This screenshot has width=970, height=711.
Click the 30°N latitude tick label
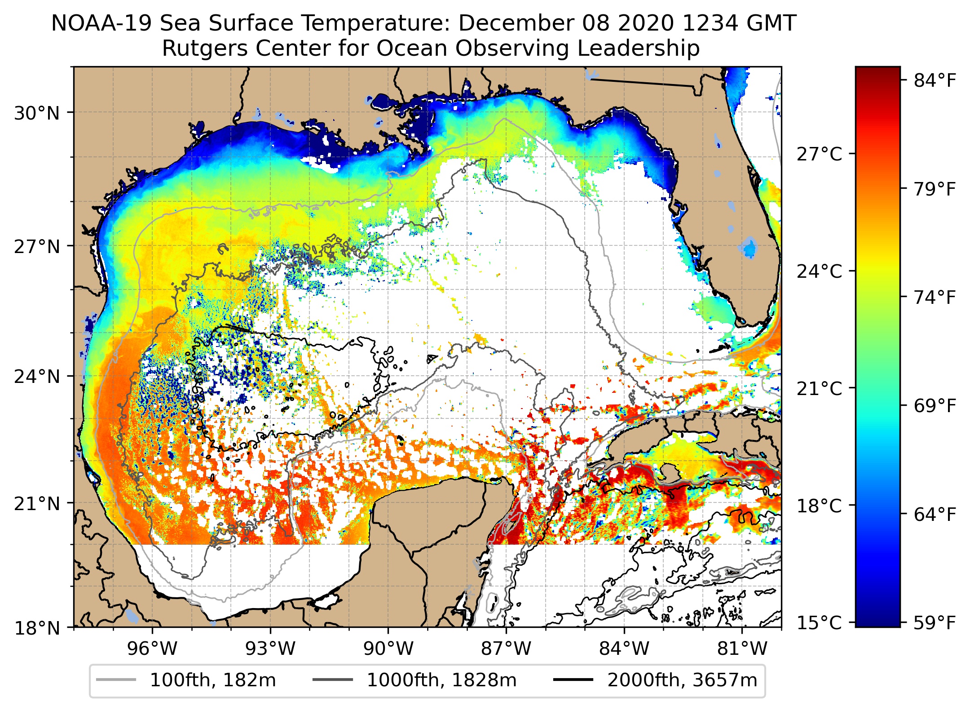(x=37, y=113)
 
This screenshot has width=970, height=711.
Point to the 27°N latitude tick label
(x=37, y=247)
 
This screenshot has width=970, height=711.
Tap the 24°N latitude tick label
(x=37, y=377)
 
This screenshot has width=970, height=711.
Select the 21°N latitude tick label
(x=37, y=504)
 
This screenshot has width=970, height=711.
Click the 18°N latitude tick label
(x=37, y=628)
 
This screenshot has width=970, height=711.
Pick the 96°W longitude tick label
(x=152, y=649)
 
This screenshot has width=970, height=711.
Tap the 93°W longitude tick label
(x=270, y=649)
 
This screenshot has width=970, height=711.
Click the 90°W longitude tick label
(x=388, y=649)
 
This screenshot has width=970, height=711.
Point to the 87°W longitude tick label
(x=506, y=649)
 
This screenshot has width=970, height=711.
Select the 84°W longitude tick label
(x=624, y=649)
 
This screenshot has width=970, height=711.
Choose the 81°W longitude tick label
(x=742, y=649)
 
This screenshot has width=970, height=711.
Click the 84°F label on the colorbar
(x=935, y=81)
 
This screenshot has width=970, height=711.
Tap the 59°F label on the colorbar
(x=935, y=623)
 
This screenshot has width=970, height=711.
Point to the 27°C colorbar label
(x=820, y=154)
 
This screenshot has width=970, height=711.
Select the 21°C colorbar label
(x=820, y=388)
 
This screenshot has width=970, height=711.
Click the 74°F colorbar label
(x=935, y=298)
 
